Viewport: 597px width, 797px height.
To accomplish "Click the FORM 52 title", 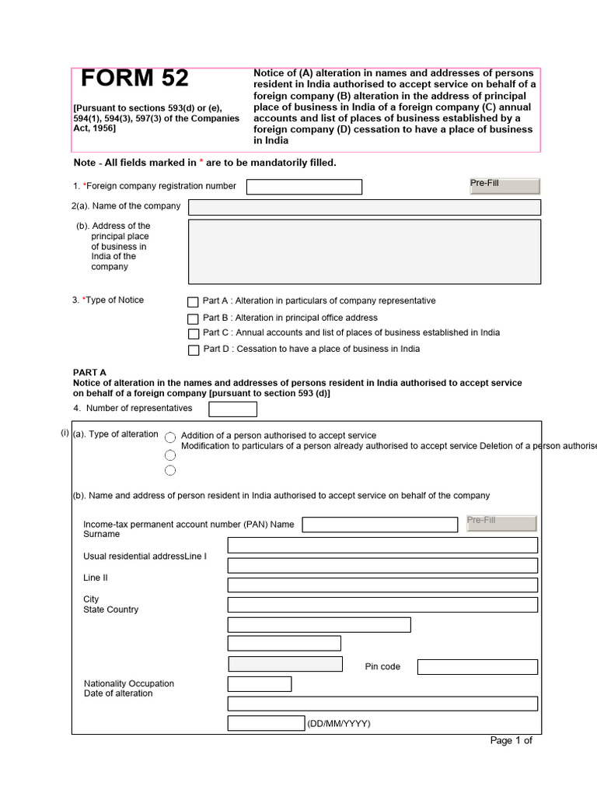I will [134, 79].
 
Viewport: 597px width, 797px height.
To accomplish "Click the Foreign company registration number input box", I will [304, 187].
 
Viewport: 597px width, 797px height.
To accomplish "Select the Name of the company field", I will [364, 207].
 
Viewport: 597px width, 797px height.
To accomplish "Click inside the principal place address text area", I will [364, 251].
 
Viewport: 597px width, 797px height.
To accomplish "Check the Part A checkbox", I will [193, 302].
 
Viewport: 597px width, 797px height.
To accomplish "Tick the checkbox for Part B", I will [193, 319].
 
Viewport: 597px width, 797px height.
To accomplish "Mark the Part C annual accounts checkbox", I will [193, 334].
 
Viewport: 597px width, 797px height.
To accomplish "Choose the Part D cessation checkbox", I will [193, 350].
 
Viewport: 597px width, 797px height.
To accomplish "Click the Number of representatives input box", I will [232, 409].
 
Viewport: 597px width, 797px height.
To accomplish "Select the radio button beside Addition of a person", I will [170, 438].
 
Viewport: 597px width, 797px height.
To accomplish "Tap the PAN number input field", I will [379, 525].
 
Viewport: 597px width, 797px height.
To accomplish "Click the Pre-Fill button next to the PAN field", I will [501, 523].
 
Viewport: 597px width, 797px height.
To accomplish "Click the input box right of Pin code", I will [477, 667].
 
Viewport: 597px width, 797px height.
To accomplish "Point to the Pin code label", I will [382, 667].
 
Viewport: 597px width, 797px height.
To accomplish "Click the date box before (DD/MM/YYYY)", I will [266, 724].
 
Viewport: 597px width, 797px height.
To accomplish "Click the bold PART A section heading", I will [89, 373].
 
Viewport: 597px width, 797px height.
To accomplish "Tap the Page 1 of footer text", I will [511, 741].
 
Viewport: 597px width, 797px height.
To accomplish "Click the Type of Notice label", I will [108, 300].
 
